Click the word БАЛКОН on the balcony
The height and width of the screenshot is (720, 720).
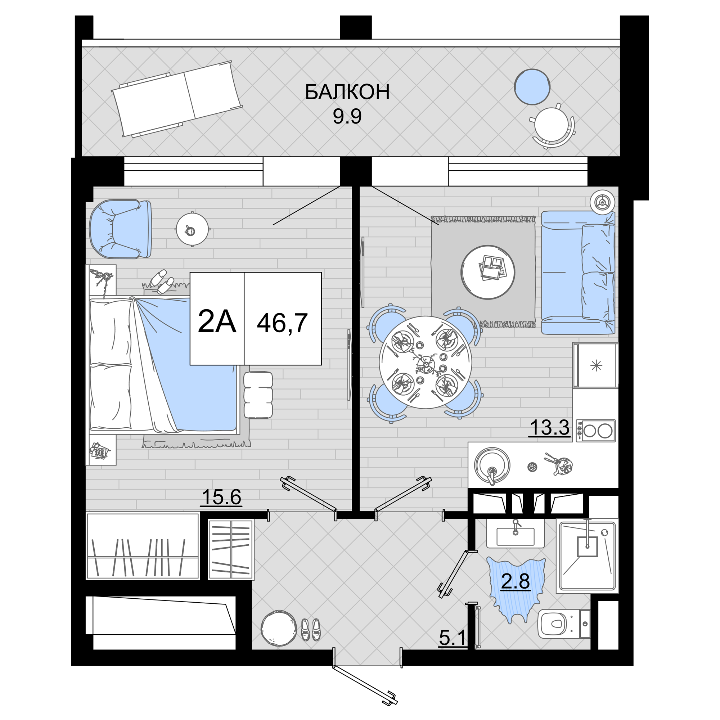click(347, 92)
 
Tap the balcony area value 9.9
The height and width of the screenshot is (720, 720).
click(347, 117)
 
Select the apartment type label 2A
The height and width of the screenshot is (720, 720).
click(217, 321)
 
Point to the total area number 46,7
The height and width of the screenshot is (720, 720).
click(282, 323)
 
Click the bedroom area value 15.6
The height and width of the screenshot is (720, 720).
click(221, 497)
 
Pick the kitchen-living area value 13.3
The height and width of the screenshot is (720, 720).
click(550, 427)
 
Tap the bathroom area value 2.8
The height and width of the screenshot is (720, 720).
click(515, 581)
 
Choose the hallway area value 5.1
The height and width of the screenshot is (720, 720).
click(453, 638)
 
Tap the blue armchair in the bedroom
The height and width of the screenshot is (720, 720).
click(120, 229)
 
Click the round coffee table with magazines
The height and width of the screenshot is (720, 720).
click(487, 272)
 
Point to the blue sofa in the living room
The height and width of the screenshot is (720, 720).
click(578, 273)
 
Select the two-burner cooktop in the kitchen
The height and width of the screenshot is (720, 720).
click(595, 431)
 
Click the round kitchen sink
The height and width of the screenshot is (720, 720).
click(492, 465)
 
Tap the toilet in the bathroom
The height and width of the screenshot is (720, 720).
click(564, 624)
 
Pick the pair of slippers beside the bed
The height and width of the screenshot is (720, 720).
click(163, 282)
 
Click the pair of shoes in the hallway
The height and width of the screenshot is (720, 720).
click(311, 629)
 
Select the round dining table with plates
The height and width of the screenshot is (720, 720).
click(425, 362)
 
